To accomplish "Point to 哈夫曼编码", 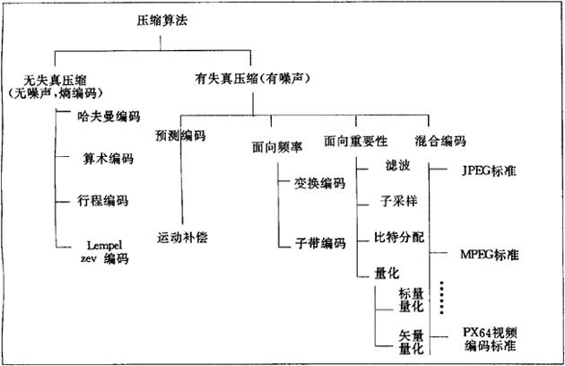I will click(x=109, y=116).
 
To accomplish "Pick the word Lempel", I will click(x=100, y=244).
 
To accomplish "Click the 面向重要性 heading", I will click(x=355, y=142).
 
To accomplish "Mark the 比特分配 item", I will click(x=399, y=238).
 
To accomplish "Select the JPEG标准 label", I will click(x=492, y=169).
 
